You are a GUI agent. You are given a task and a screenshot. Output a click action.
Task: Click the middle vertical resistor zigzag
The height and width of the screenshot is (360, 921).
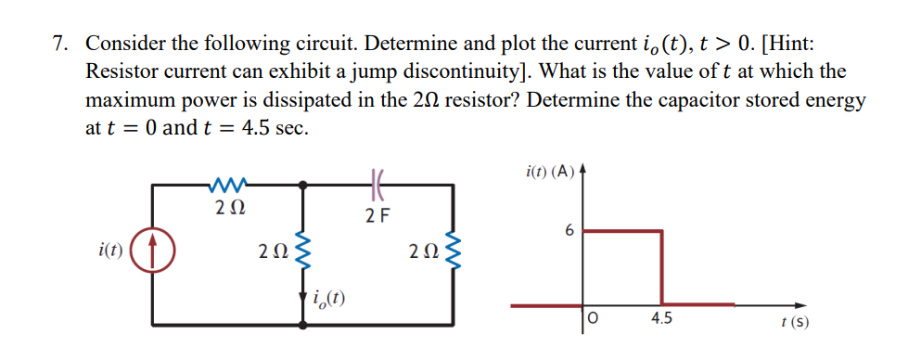[x=302, y=251]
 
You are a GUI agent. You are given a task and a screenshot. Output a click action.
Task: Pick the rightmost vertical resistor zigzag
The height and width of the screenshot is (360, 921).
[x=453, y=251]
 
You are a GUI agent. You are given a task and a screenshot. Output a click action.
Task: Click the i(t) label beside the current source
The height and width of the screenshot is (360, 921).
[x=111, y=249]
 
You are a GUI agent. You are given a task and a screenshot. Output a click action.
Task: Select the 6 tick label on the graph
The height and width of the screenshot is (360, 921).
[x=569, y=229]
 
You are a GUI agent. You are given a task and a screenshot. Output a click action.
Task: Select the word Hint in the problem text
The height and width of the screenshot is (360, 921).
[x=791, y=44]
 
